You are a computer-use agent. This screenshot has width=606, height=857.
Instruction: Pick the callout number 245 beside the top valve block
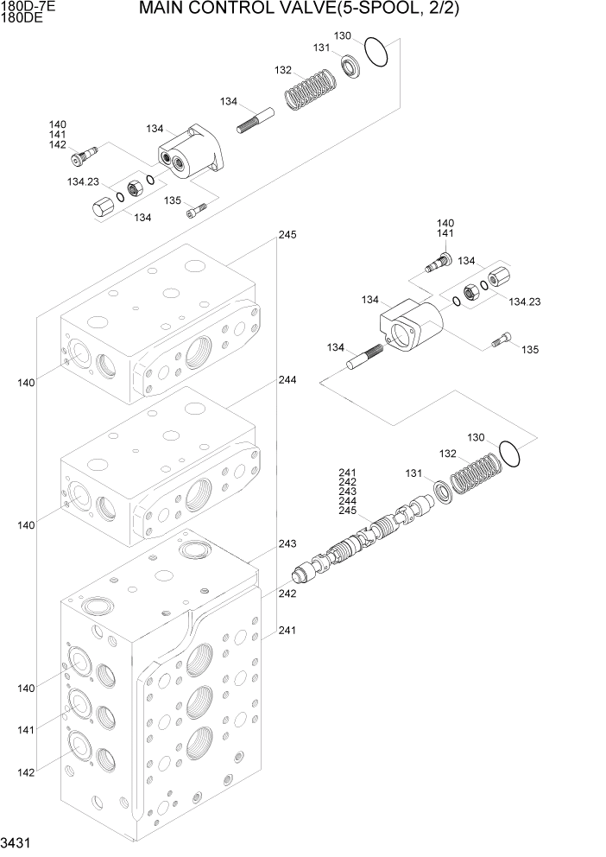coord(287,235)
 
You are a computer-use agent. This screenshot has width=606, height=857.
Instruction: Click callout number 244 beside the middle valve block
coord(287,379)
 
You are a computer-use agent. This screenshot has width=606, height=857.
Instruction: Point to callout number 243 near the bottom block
coord(287,543)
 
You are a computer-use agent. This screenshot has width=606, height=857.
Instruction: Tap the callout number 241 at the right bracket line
coord(287,630)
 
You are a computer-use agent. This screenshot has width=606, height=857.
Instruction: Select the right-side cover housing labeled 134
coord(409,327)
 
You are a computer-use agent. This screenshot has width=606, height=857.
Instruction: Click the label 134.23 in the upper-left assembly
coord(84,182)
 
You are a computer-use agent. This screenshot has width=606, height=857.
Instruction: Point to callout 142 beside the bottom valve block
coord(25,771)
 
